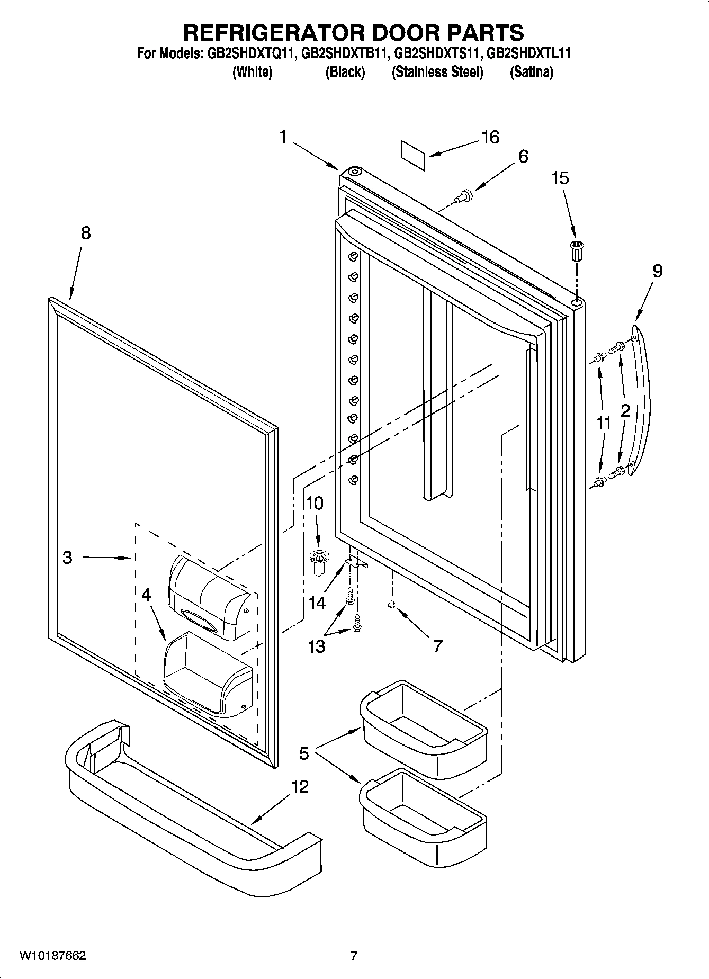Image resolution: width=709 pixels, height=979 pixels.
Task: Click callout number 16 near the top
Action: (x=490, y=137)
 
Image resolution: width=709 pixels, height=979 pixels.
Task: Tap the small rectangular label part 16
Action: (x=413, y=155)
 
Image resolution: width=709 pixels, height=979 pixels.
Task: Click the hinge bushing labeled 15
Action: (x=576, y=250)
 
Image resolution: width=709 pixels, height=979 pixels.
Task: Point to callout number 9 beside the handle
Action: (x=657, y=271)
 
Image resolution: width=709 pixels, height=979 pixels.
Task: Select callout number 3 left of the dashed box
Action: (x=67, y=557)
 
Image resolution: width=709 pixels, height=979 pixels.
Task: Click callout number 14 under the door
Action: (x=317, y=603)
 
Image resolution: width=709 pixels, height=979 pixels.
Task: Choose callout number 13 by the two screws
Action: (x=316, y=646)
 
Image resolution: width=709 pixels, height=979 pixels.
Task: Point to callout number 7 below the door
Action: (x=437, y=646)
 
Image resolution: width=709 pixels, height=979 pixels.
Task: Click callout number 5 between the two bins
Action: (x=303, y=753)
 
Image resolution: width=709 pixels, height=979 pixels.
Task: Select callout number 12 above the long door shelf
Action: (x=300, y=786)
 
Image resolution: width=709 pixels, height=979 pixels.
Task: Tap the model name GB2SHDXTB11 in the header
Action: (x=346, y=53)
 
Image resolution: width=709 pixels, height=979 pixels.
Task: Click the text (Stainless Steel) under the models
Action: (x=437, y=72)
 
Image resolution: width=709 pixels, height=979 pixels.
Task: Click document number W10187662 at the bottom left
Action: (x=52, y=956)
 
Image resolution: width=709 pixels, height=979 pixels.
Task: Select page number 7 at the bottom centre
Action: (x=354, y=956)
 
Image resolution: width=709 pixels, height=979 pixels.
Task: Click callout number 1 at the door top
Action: (x=283, y=137)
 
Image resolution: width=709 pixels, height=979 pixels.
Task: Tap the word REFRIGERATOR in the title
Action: (x=273, y=33)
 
